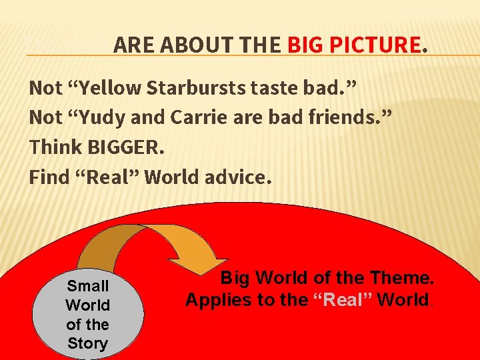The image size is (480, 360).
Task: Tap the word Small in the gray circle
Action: point(87,286)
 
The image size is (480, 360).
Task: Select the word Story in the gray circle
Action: point(87,344)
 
